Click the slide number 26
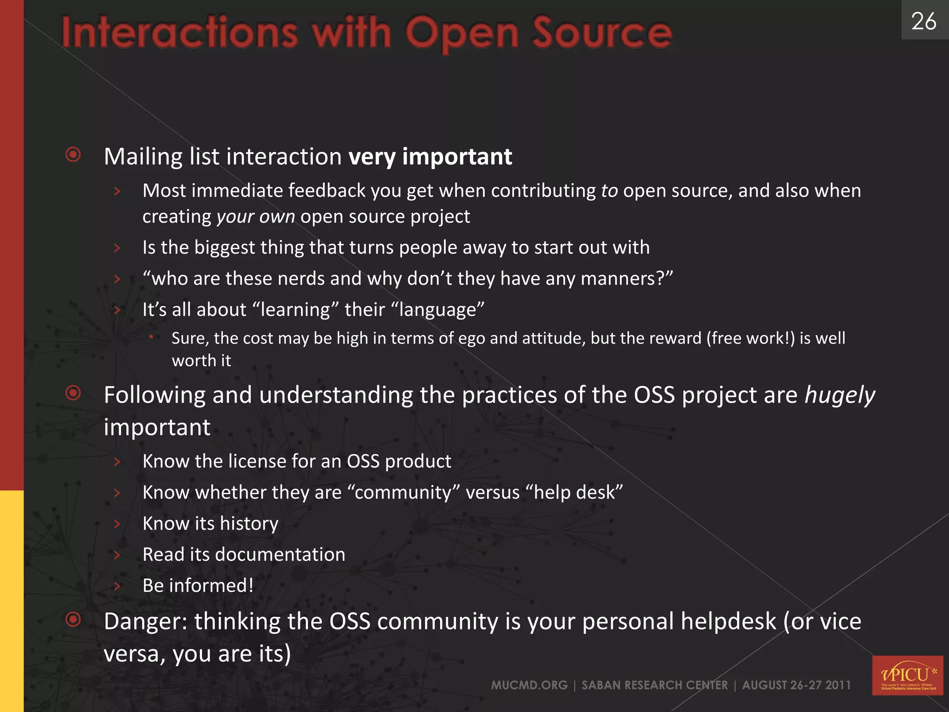(x=924, y=21)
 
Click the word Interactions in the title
(x=179, y=33)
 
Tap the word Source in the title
(x=602, y=33)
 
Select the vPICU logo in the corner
(x=907, y=675)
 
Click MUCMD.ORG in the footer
(x=529, y=685)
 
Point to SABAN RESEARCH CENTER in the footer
(x=654, y=685)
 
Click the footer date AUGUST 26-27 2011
(x=796, y=685)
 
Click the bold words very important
(x=430, y=157)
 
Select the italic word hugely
(x=840, y=395)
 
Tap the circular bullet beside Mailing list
(x=73, y=154)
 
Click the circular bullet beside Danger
(x=73, y=619)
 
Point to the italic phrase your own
(x=255, y=217)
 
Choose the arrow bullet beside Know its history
(x=117, y=524)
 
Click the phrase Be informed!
(x=198, y=585)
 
